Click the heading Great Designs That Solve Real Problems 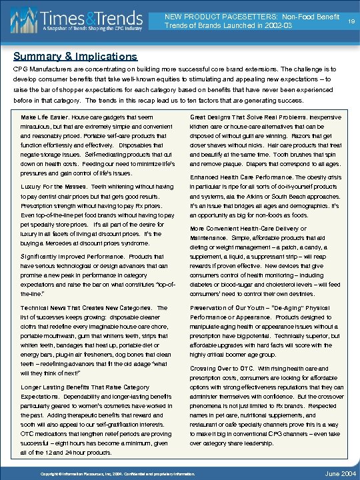coord(241,117)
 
